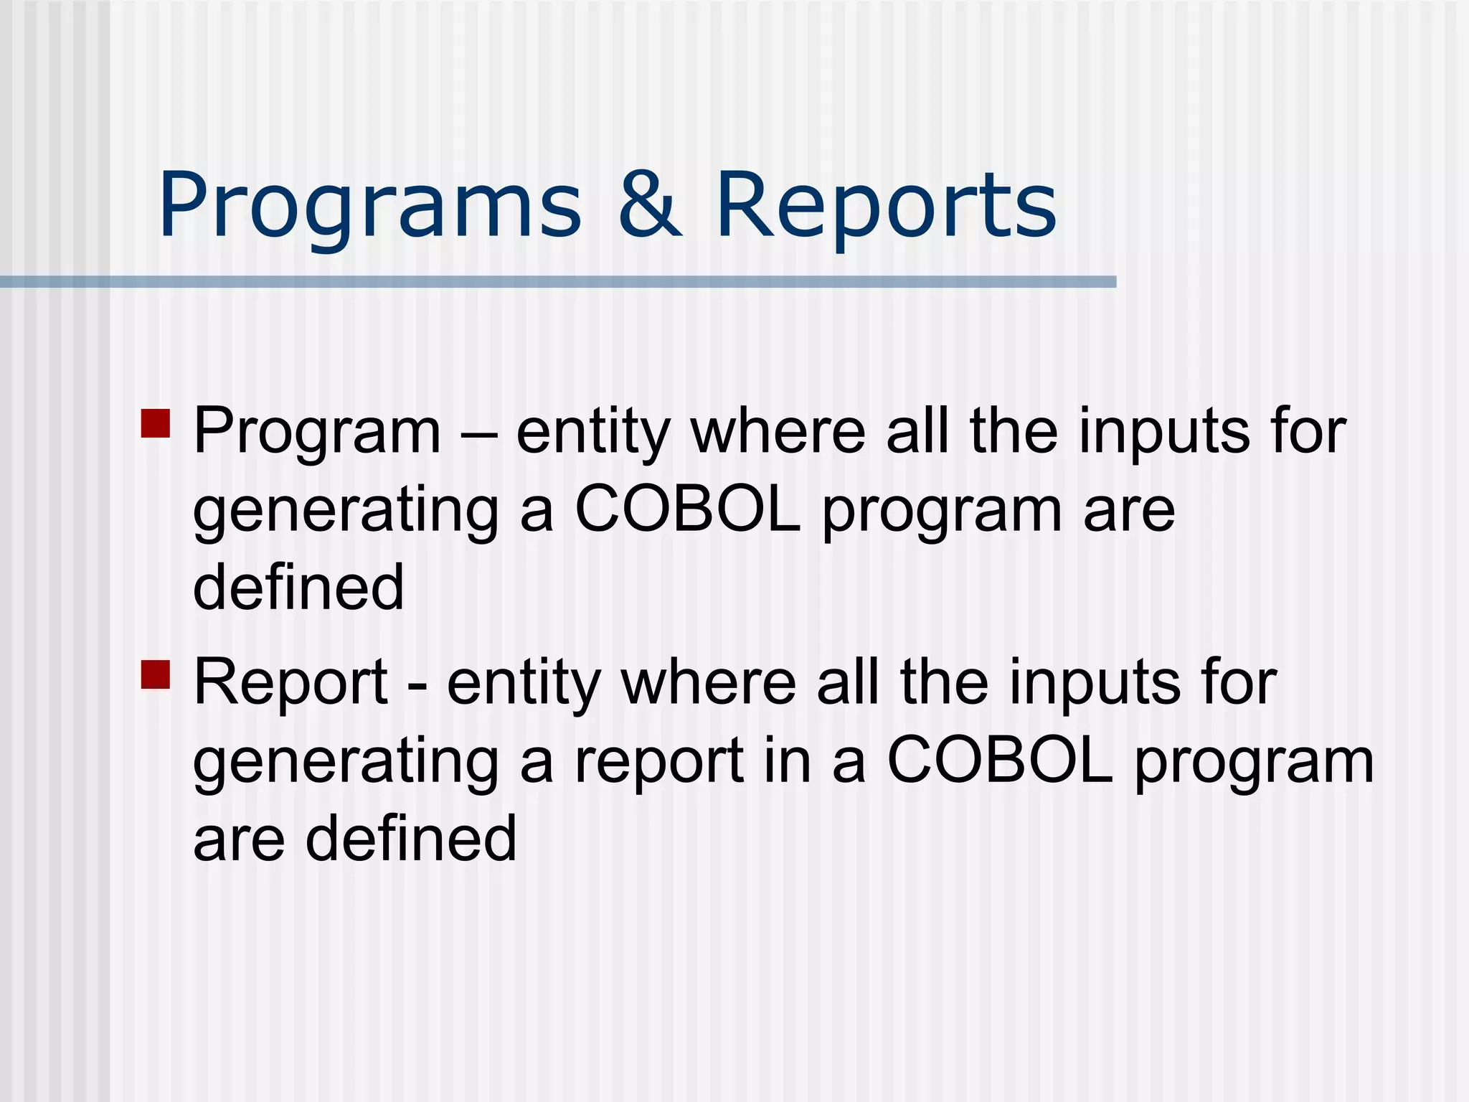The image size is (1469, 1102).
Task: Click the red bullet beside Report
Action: point(156,674)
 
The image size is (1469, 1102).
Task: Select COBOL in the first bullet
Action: point(687,510)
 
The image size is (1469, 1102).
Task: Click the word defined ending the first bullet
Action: point(298,587)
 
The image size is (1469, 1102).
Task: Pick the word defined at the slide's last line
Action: point(410,838)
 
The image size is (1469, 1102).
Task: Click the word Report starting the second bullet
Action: point(291,683)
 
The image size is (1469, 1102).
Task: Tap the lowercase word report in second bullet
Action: point(659,762)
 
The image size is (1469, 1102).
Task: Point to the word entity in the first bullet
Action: point(592,433)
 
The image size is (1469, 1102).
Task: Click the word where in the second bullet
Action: point(709,683)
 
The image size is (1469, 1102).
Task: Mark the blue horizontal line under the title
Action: point(558,282)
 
